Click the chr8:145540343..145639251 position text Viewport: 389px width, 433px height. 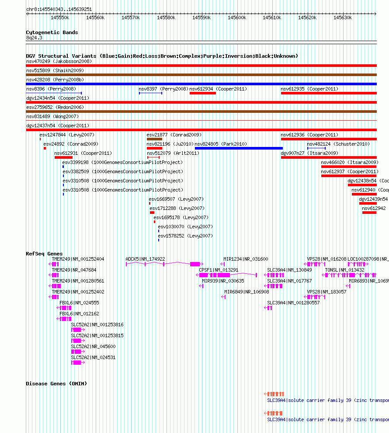coord(59,9)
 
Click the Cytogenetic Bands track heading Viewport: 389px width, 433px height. coord(52,32)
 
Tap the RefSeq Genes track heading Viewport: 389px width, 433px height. coord(44,254)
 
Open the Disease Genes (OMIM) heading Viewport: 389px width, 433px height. coord(56,384)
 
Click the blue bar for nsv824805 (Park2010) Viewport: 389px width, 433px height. coord(239,148)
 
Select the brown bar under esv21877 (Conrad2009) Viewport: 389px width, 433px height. coord(154,139)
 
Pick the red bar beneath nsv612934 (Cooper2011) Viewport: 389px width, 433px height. coord(203,93)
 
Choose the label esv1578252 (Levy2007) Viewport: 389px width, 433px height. coord(185,236)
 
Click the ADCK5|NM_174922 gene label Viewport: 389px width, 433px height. coord(145,259)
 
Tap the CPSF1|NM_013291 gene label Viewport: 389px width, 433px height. coord(219,270)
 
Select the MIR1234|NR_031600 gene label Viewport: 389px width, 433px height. coord(246,259)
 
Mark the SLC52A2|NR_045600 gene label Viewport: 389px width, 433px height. coord(93,346)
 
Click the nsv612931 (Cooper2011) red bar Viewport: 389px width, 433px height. coord(63,157)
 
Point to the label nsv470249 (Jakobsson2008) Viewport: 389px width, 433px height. coord(59,61)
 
